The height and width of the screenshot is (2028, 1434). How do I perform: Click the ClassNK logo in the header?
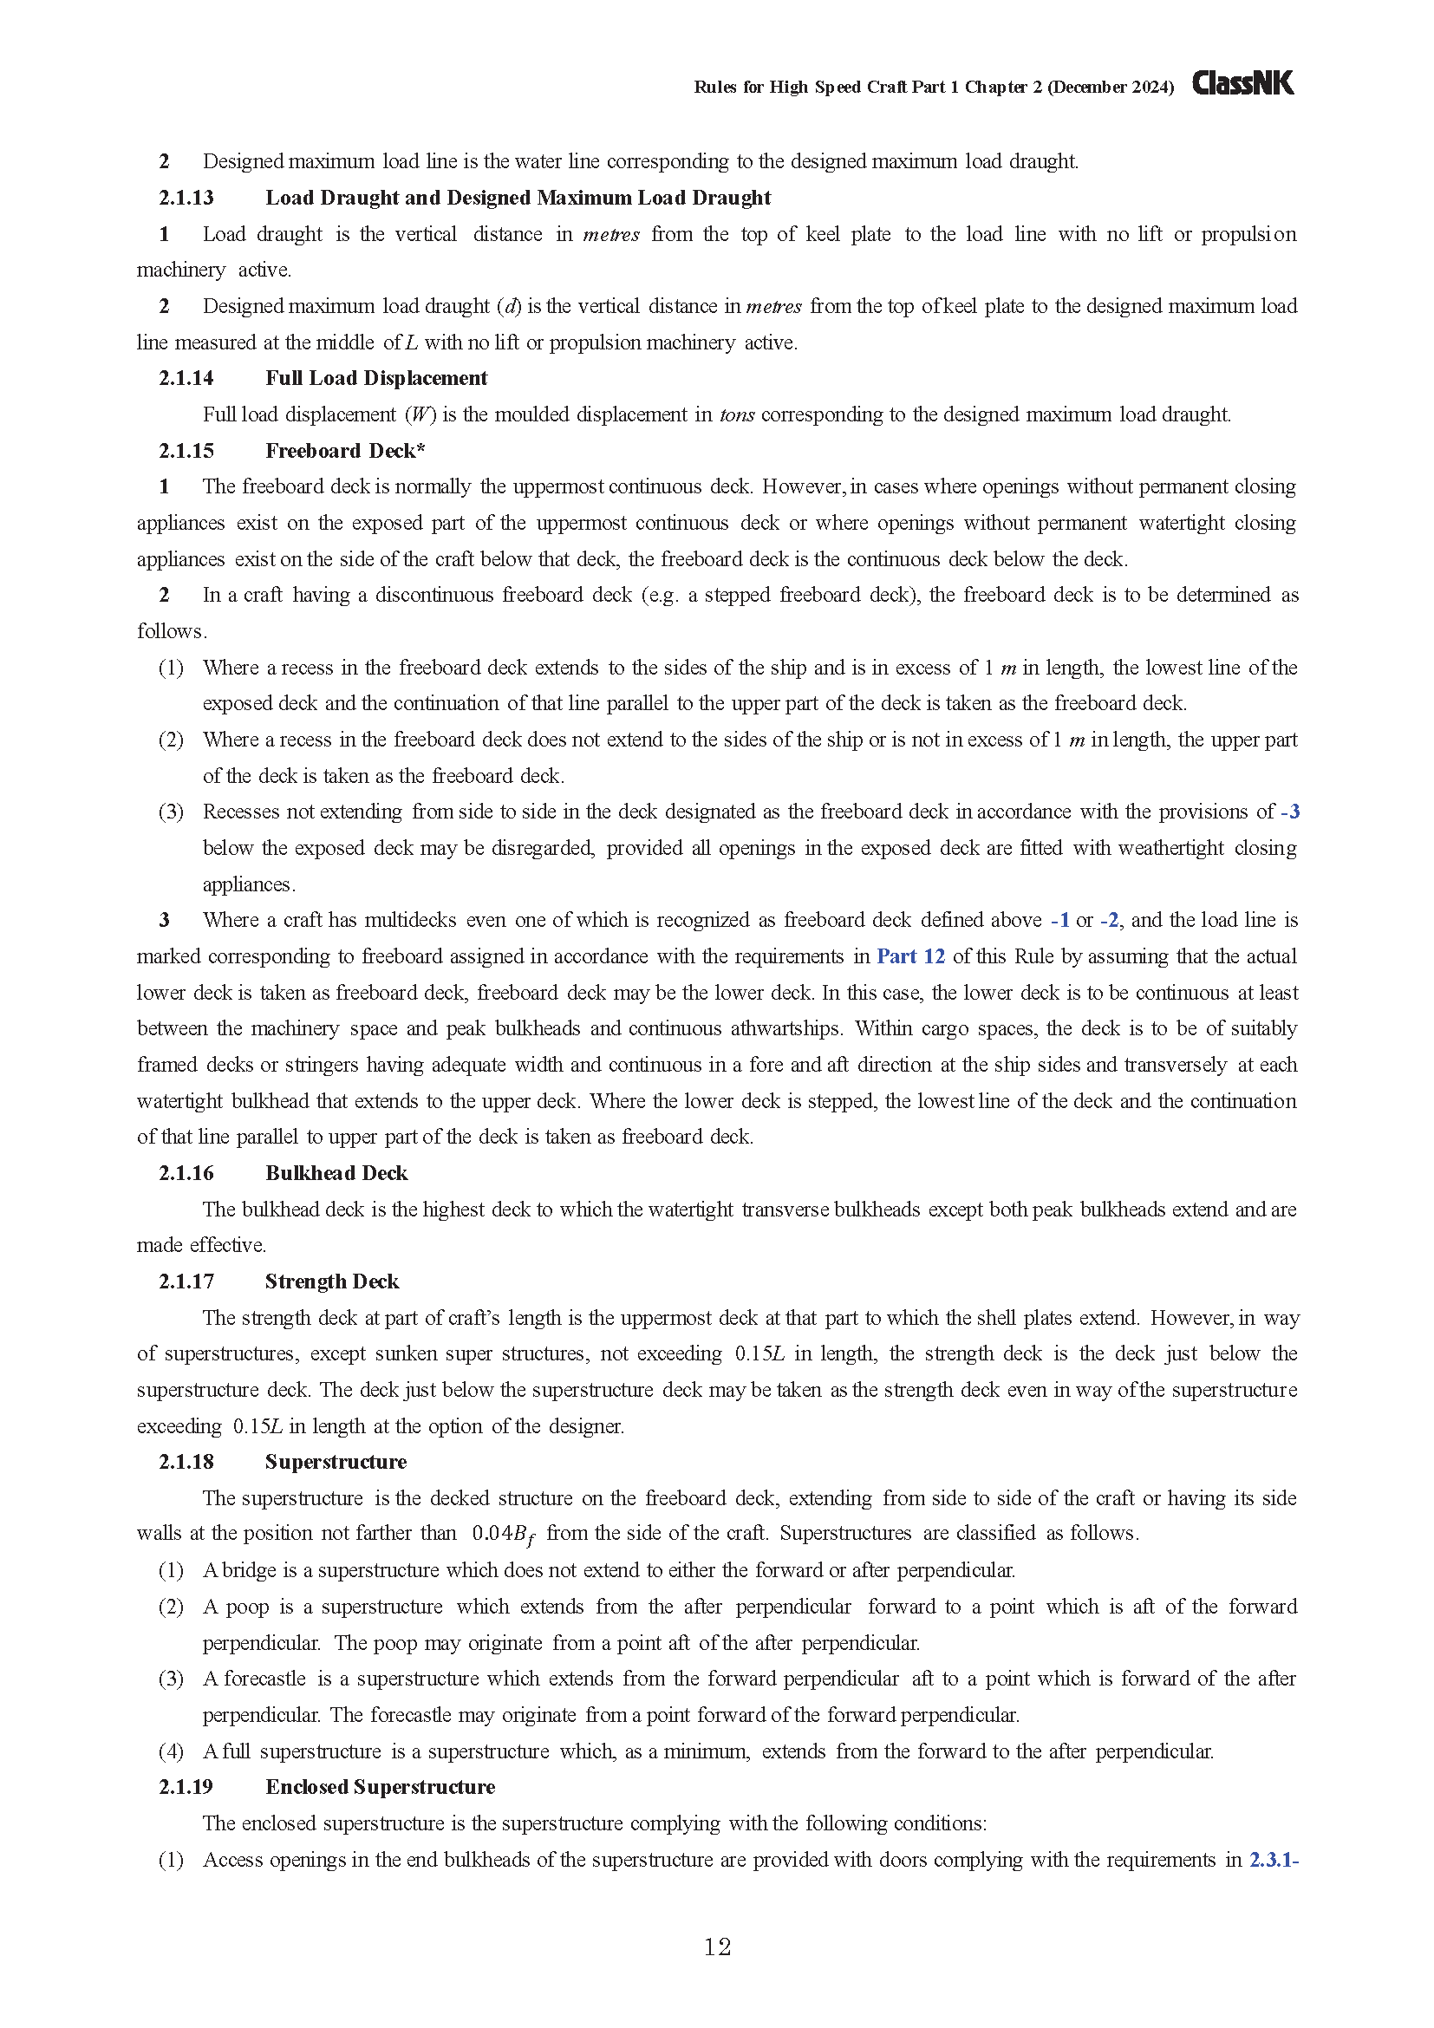[1242, 83]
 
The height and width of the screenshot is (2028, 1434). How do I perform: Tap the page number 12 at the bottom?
[717, 1946]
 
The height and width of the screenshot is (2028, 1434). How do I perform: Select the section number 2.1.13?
[186, 198]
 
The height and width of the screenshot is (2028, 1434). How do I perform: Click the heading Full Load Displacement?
[376, 378]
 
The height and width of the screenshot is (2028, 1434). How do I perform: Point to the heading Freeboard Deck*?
[345, 451]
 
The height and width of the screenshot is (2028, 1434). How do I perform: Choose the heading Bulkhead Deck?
[336, 1173]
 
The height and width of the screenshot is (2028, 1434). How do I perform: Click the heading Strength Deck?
[332, 1281]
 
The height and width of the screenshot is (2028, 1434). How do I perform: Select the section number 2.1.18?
[186, 1462]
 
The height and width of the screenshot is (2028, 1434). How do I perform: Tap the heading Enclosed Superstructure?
[380, 1787]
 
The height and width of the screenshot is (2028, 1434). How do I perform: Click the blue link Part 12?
[910, 956]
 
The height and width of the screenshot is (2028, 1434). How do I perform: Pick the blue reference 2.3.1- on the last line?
[1274, 1859]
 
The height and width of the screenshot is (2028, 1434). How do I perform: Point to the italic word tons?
[736, 415]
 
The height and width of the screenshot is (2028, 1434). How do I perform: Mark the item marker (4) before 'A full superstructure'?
[172, 1751]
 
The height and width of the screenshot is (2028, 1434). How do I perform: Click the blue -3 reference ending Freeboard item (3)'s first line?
[1289, 812]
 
